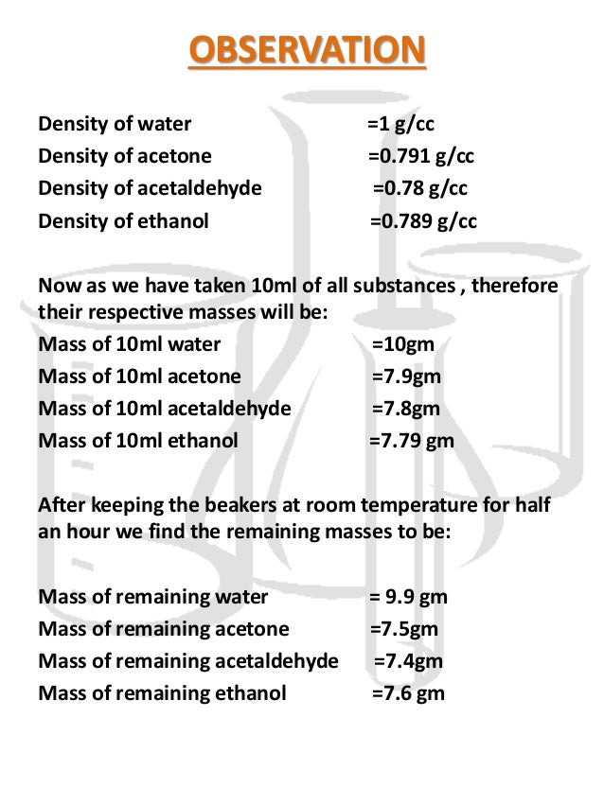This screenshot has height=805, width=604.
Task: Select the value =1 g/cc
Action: pos(401,125)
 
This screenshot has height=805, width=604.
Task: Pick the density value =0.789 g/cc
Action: pos(422,221)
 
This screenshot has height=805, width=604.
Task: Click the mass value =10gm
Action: pos(403,343)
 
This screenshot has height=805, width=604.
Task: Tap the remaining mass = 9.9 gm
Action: pos(408,598)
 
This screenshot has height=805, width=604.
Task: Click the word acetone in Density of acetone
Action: pos(180,156)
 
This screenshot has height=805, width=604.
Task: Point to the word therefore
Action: pos(516,286)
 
